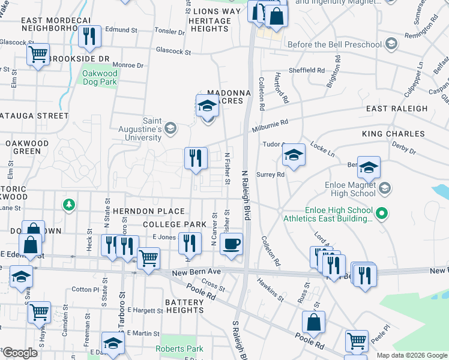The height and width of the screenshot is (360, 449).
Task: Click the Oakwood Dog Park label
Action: pos(100,77)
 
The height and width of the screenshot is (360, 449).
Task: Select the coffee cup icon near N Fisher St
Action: pos(231,244)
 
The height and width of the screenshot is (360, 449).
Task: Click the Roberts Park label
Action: pos(179,349)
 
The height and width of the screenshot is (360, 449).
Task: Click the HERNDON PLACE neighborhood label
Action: pos(155,211)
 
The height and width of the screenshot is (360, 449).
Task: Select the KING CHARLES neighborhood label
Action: pos(393,134)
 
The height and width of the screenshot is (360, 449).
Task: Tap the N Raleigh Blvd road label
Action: pos(246,192)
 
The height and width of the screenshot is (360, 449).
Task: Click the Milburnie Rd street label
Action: pos(274,122)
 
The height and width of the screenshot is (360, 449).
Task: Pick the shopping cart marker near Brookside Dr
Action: pos(38,55)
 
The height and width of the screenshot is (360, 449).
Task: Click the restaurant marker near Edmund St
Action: pos(89,36)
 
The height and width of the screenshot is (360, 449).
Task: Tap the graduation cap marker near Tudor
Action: pos(294,155)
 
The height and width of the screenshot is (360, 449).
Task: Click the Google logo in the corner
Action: pos(20,353)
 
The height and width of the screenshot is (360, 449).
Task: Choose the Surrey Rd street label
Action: pos(270,175)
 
